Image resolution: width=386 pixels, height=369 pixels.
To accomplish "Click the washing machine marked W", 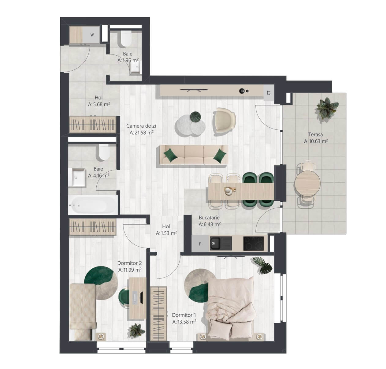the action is pyautogui.click(x=91, y=35).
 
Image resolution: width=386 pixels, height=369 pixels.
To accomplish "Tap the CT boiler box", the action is pyautogui.click(x=269, y=93).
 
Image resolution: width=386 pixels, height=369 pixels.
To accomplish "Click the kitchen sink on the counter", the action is pyautogui.click(x=221, y=243).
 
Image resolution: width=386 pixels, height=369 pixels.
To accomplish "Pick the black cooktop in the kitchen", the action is pyautogui.click(x=254, y=244).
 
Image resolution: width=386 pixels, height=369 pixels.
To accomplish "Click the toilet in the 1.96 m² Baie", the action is pyautogui.click(x=126, y=39).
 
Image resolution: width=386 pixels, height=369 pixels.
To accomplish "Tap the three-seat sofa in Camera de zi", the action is pyautogui.click(x=194, y=155).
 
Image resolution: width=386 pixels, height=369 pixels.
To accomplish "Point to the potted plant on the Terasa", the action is pyautogui.click(x=327, y=108).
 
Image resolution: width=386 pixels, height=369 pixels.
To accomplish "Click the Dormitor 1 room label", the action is pyautogui.click(x=184, y=315).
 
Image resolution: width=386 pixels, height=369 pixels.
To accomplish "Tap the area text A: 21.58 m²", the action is pyautogui.click(x=141, y=132).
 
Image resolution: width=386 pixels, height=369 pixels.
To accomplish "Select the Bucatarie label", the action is pyautogui.click(x=209, y=218).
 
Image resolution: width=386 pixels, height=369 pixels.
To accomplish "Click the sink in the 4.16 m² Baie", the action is pyautogui.click(x=77, y=177).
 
